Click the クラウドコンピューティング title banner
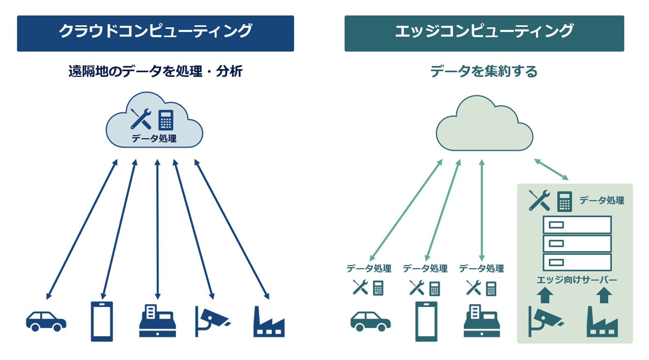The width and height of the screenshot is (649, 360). [155, 33]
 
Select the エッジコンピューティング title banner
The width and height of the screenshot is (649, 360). [484, 33]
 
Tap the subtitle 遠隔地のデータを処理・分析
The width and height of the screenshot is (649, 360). [155, 72]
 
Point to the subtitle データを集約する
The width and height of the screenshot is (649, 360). [484, 72]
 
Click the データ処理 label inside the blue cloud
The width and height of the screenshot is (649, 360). [154, 139]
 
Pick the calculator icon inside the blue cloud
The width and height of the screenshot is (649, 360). [166, 120]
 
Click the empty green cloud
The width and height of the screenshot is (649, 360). [484, 125]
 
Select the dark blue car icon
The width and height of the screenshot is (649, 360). [46, 321]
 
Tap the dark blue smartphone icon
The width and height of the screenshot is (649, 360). [102, 321]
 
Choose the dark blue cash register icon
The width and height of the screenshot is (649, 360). [158, 321]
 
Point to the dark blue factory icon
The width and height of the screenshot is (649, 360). [269, 322]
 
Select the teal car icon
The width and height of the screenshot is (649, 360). [370, 321]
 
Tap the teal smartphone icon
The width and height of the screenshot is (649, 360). [426, 321]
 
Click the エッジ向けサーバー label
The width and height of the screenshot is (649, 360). [577, 280]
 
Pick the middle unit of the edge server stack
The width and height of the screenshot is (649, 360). [577, 244]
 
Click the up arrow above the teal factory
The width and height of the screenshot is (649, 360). [604, 295]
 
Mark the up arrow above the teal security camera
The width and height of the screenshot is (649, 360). [545, 295]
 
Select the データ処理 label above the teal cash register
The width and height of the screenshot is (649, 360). [481, 269]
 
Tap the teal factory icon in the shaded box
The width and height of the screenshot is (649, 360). [602, 322]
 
